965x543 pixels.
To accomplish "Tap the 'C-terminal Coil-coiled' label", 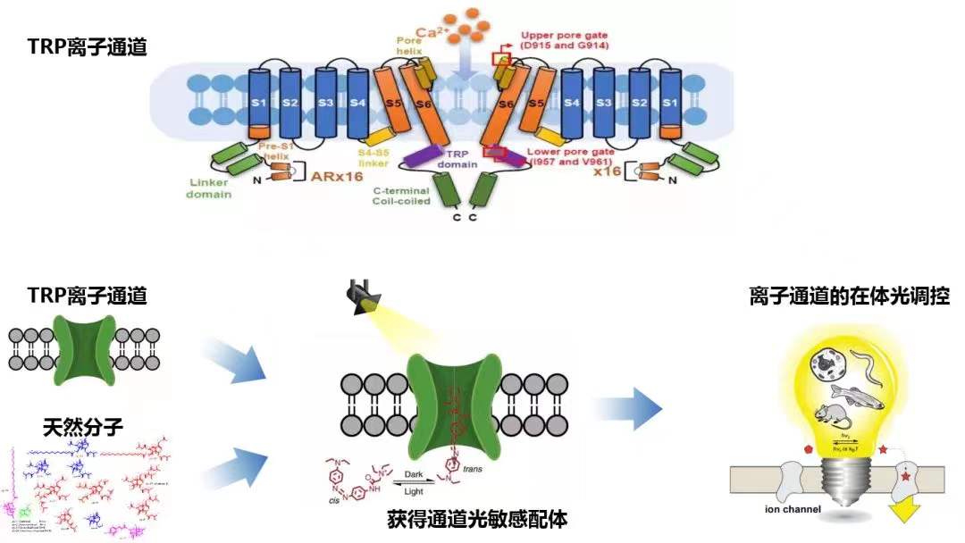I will [401, 196].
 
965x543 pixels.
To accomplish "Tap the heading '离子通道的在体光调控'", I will [849, 297].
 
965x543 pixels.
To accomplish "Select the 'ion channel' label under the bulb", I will [774, 511].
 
